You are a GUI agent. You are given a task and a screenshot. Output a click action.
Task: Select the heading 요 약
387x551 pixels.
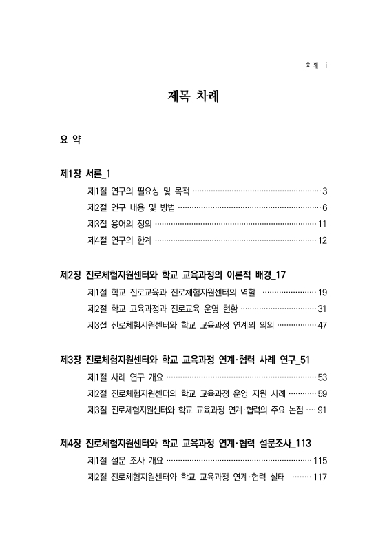71,140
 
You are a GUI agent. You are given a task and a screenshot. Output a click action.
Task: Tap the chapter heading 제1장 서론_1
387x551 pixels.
87,174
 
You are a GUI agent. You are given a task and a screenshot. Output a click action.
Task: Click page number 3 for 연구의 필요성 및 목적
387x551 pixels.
324,191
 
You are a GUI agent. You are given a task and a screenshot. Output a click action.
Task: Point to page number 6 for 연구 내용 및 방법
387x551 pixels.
324,207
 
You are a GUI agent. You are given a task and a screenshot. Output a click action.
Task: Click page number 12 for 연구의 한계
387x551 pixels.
322,240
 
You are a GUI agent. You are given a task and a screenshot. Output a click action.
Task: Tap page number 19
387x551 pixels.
322,292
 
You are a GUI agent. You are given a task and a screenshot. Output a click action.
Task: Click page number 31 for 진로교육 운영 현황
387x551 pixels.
322,309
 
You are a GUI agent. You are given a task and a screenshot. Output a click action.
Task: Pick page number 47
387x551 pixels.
322,325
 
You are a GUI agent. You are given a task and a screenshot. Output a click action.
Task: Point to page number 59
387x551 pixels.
322,393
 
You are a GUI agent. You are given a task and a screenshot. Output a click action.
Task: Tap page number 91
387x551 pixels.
322,410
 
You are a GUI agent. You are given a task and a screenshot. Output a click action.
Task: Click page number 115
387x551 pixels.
320,461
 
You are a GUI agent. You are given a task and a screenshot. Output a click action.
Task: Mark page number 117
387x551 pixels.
320,477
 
